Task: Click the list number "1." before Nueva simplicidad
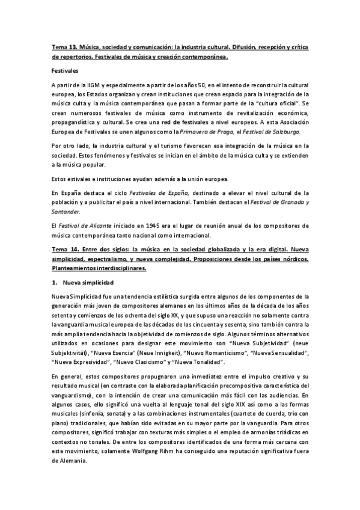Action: [x=53, y=282]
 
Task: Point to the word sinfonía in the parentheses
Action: [x=93, y=407]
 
